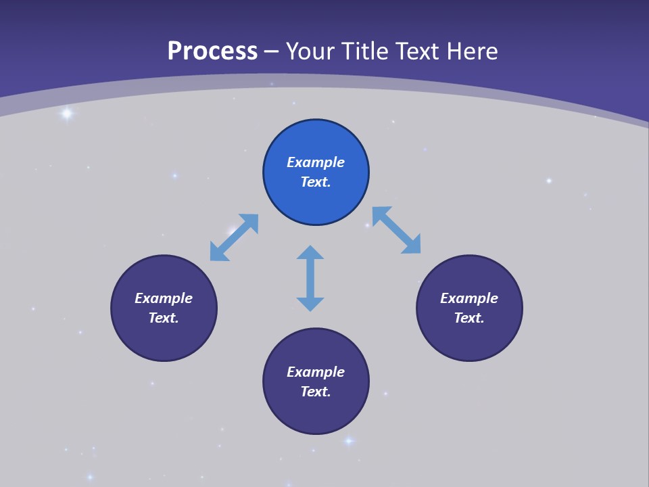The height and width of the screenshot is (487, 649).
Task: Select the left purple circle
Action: [164, 308]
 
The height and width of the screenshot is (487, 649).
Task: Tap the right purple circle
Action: [469, 308]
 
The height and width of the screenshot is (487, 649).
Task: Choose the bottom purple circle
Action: [316, 381]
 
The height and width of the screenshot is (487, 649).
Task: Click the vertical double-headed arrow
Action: [310, 278]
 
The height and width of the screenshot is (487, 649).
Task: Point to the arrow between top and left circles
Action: [235, 237]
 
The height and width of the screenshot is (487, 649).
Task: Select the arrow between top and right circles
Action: [396, 230]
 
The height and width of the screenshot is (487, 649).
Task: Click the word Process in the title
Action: [212, 51]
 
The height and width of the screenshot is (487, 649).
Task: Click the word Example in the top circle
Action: [316, 162]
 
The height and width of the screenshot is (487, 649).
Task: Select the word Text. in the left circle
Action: [164, 318]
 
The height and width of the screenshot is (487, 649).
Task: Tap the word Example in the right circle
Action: [469, 298]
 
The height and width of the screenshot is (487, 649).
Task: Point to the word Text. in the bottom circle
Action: [316, 392]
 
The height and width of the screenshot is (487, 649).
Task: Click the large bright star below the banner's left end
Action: [66, 114]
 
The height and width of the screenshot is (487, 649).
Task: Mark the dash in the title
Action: [271, 51]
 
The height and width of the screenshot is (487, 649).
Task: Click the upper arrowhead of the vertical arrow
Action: [310, 253]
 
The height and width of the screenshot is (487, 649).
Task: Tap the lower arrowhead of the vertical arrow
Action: [310, 304]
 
